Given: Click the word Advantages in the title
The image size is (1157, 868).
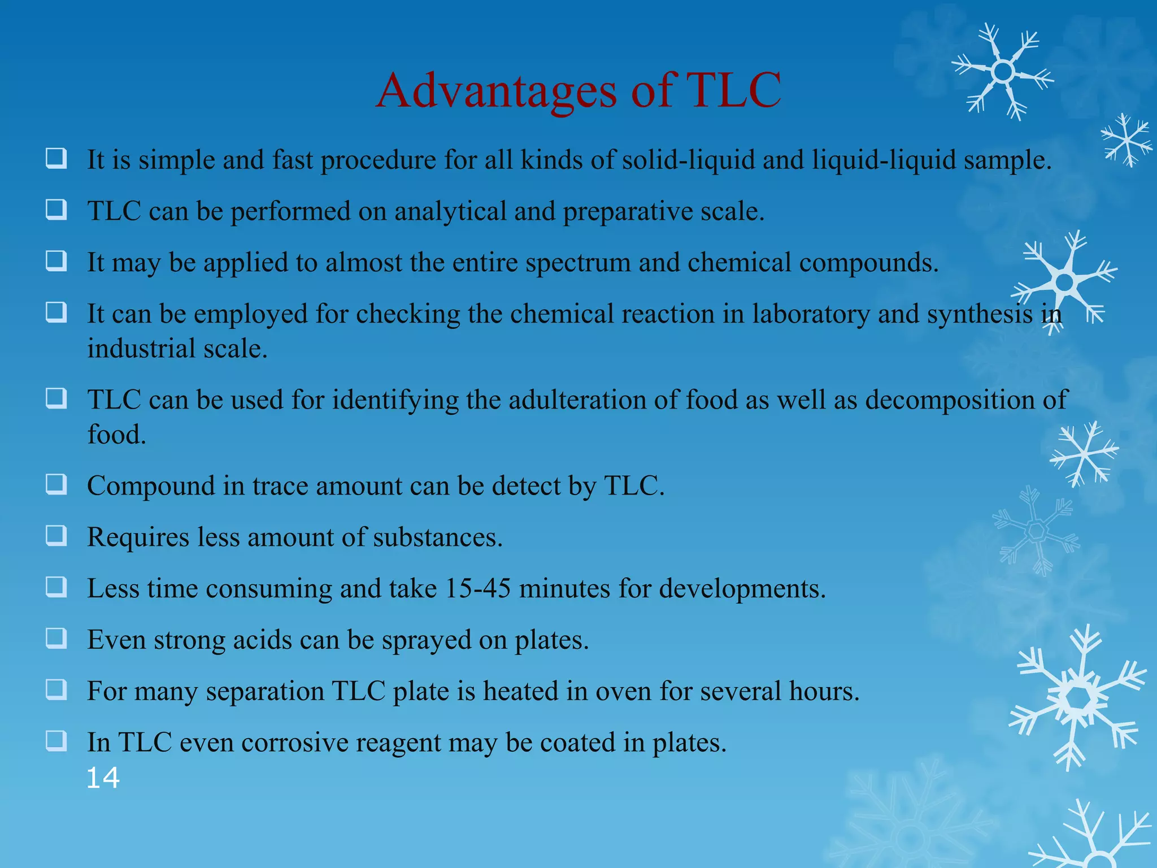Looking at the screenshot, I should coord(496,90).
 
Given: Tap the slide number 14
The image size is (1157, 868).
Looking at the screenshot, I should coord(103,778).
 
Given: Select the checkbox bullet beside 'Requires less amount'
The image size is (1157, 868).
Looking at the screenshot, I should coord(56,536).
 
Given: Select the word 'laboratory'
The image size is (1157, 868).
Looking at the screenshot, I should coord(811,314).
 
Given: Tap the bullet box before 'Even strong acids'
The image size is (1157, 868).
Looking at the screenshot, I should coord(56,639).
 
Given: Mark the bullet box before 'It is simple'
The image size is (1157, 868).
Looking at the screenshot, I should coord(56,159).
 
